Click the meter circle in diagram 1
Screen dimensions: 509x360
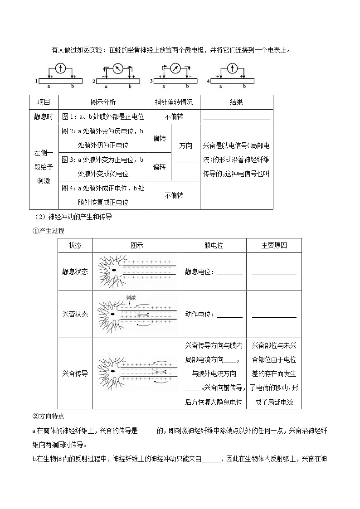[60, 68]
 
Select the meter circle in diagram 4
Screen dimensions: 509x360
[232, 68]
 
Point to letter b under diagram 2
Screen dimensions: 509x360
[130, 86]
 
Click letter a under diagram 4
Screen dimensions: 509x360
[220, 86]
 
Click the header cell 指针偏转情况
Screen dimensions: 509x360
[174, 102]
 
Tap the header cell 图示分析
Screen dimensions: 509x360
[103, 102]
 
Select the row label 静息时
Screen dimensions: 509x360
[44, 116]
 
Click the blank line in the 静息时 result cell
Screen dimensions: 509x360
[236, 119]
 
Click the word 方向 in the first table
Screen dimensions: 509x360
[185, 146]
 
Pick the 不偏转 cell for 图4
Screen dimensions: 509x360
[174, 195]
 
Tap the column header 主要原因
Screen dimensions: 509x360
[274, 245]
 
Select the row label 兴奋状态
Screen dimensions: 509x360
[75, 314]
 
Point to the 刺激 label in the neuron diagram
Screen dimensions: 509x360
[131, 297]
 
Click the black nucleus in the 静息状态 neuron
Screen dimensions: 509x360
[113, 271]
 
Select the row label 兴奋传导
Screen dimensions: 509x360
[75, 374]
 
